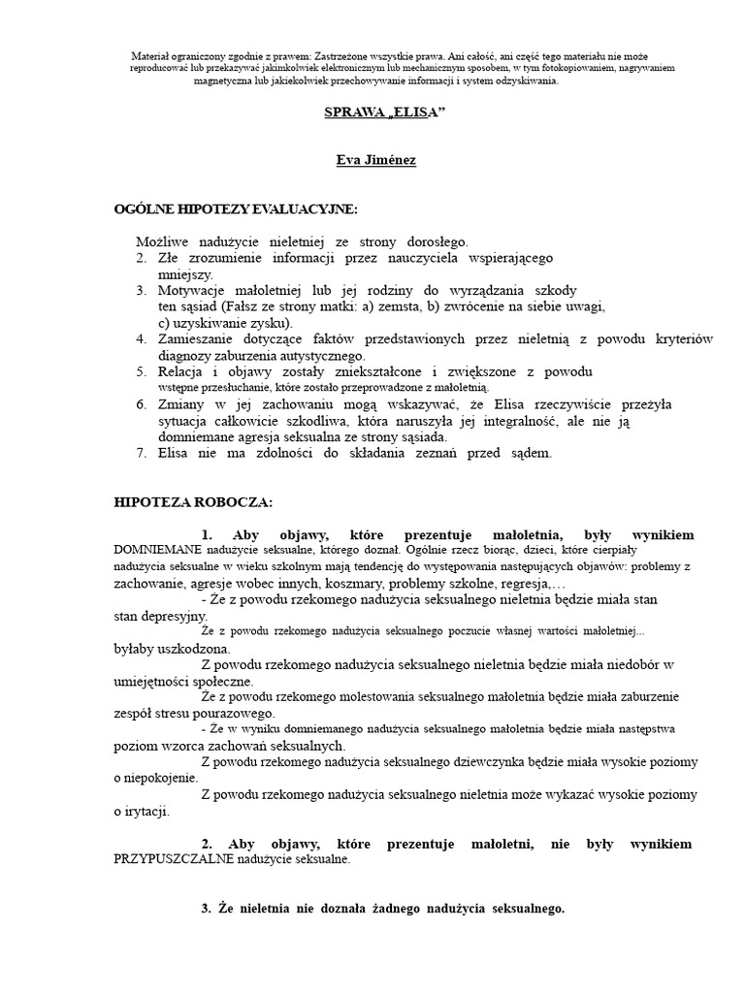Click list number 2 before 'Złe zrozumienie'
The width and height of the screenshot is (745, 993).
[141, 257]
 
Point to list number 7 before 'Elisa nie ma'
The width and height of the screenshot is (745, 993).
[141, 453]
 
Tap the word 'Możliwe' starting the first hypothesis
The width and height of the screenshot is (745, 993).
[164, 240]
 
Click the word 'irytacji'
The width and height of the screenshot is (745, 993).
[147, 812]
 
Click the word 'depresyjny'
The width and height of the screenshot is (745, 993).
[176, 616]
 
